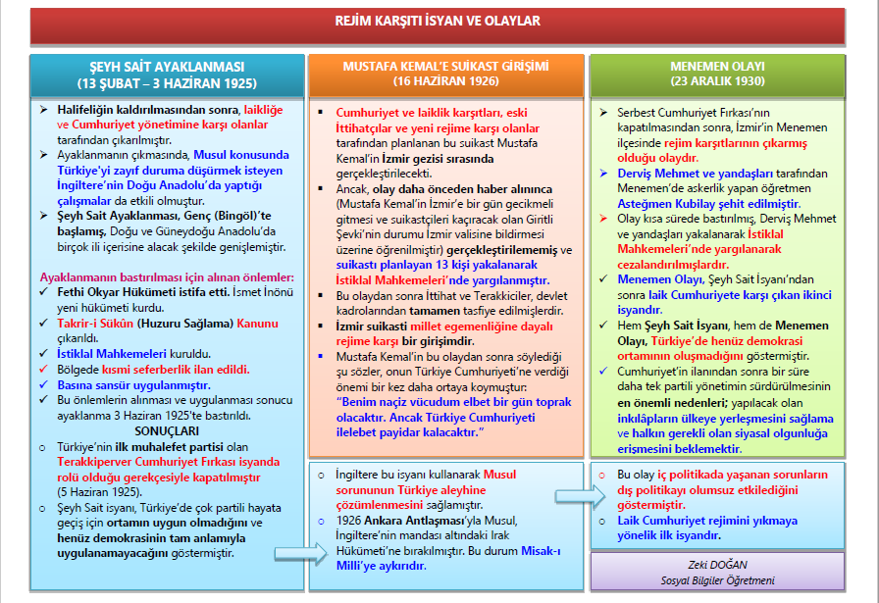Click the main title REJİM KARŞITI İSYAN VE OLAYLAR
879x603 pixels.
(439, 22)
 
